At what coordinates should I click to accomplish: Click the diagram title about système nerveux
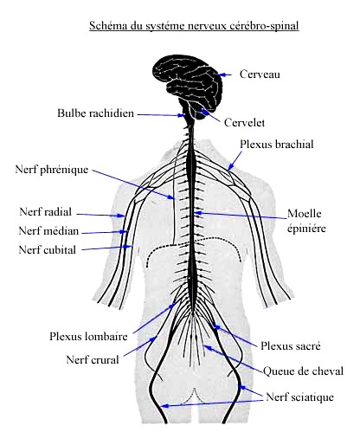pyautogui.click(x=194, y=26)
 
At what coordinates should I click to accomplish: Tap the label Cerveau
pyautogui.click(x=260, y=74)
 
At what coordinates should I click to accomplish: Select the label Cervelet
pyautogui.click(x=244, y=122)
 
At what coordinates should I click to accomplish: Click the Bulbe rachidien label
pyautogui.click(x=96, y=113)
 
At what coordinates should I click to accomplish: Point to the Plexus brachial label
pyautogui.click(x=277, y=144)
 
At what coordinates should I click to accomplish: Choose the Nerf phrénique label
pyautogui.click(x=52, y=170)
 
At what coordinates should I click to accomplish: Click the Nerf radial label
pyautogui.click(x=45, y=212)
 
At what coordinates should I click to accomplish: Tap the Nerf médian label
pyautogui.click(x=48, y=231)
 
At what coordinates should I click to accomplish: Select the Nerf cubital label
pyautogui.click(x=48, y=249)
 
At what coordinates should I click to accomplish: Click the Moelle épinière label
pyautogui.click(x=306, y=222)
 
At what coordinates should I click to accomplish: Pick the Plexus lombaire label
pyautogui.click(x=88, y=336)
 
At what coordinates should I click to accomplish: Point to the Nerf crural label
pyautogui.click(x=93, y=360)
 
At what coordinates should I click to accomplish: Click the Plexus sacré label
pyautogui.click(x=291, y=345)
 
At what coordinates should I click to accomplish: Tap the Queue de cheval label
pyautogui.click(x=303, y=371)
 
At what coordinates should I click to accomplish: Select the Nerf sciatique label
pyautogui.click(x=299, y=397)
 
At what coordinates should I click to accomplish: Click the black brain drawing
pyautogui.click(x=188, y=84)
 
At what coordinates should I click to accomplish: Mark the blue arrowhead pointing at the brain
pyautogui.click(x=221, y=74)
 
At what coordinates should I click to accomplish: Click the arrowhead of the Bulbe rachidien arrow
pyautogui.click(x=182, y=115)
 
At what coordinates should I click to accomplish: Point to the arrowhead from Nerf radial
pyautogui.click(x=121, y=216)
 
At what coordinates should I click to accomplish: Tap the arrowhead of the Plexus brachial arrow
pyautogui.click(x=230, y=168)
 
